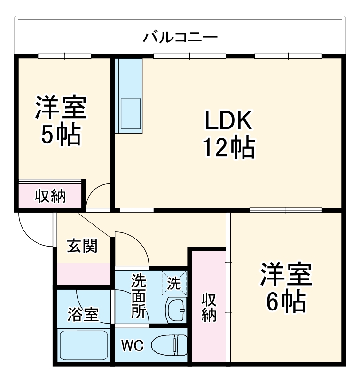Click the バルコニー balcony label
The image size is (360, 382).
[x=180, y=37]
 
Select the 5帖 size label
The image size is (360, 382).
[x=61, y=135]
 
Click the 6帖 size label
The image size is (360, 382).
[x=286, y=302]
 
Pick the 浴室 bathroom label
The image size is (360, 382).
[x=83, y=314]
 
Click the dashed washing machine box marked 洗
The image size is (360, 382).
[x=174, y=283]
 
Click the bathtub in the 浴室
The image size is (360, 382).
[x=84, y=345]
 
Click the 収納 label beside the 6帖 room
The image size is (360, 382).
[x=209, y=308]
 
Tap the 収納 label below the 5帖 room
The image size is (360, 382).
[x=50, y=196]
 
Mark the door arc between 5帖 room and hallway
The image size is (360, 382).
[x=98, y=194]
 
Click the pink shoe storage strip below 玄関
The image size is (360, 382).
[x=84, y=274]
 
